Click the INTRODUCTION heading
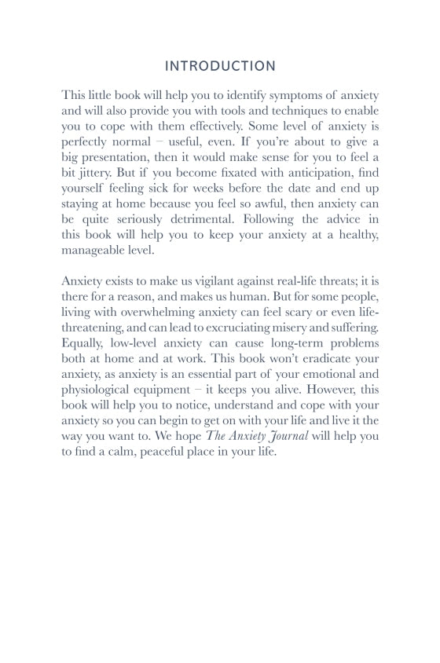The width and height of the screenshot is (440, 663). coord(220,66)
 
